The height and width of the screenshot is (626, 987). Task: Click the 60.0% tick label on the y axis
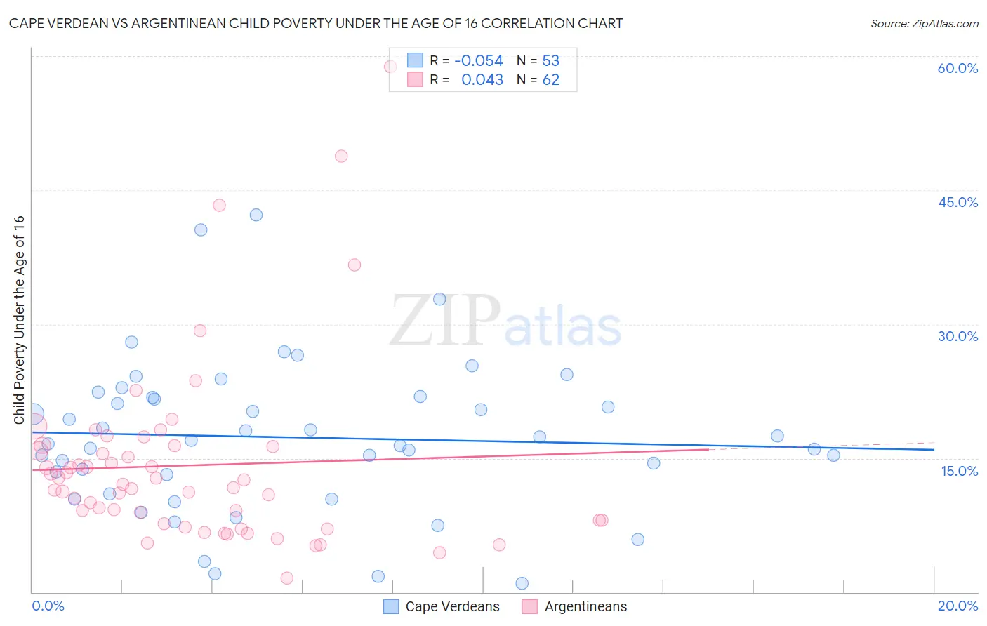click(x=958, y=68)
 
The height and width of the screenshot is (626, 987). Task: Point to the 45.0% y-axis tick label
click(x=958, y=202)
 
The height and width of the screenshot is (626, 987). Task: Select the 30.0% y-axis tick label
click(x=958, y=336)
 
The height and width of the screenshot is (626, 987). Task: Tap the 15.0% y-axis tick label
click(x=959, y=471)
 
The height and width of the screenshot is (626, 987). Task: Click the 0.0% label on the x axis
click(x=48, y=606)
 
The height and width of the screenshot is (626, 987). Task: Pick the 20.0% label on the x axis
click(x=958, y=606)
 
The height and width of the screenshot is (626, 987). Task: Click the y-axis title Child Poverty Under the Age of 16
click(x=19, y=320)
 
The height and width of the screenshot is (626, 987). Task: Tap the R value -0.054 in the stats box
click(x=478, y=60)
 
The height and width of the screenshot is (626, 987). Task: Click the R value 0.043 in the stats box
click(x=482, y=80)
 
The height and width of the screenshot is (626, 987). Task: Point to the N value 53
click(x=550, y=60)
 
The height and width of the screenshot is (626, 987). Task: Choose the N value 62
click(x=550, y=80)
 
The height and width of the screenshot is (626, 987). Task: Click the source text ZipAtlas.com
click(x=924, y=24)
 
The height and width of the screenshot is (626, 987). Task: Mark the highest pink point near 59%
click(x=390, y=67)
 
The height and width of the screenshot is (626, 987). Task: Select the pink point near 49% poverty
click(x=341, y=156)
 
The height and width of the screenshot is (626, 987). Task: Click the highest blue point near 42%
click(x=256, y=215)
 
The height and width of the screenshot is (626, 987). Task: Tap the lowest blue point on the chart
click(x=522, y=583)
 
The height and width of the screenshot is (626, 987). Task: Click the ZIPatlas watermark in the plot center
click(x=505, y=321)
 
